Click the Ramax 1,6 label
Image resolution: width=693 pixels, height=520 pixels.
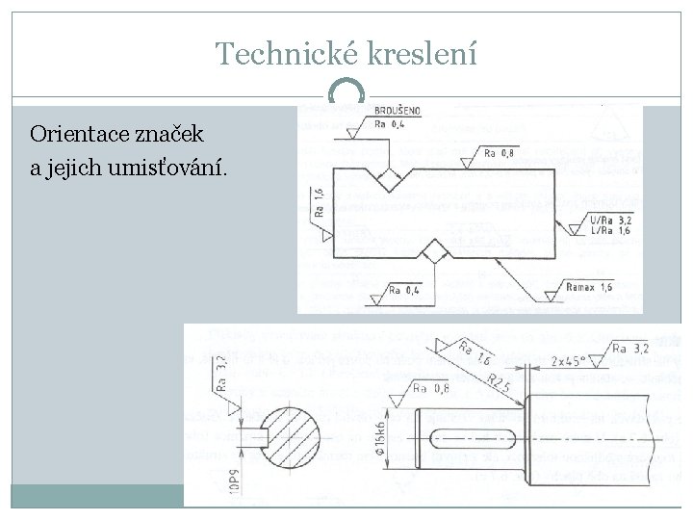589,288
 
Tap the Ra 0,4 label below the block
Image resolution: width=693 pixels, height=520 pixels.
405,289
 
